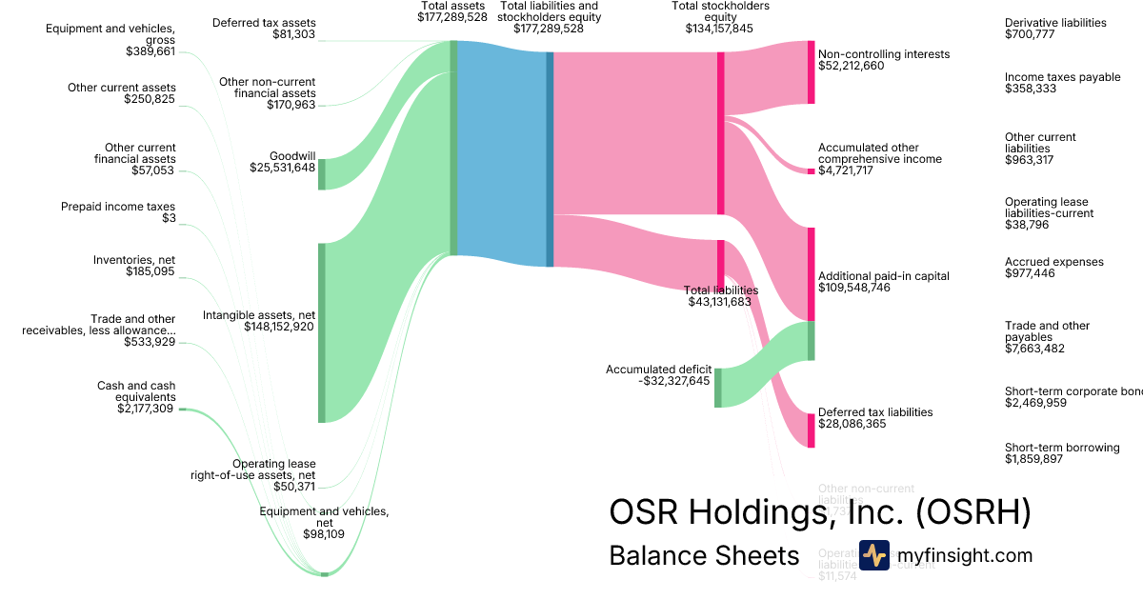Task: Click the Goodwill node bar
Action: coord(322,174)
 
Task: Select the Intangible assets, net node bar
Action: coord(322,332)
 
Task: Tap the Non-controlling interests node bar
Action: coord(812,72)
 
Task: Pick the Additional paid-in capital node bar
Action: coord(812,274)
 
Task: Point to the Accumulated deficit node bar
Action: coord(718,388)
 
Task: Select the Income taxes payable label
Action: coord(1062,77)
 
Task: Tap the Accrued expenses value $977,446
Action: coord(1030,273)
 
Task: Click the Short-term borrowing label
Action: coord(1062,448)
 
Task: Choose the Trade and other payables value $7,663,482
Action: coord(1034,349)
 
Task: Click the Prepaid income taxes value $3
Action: coord(169,218)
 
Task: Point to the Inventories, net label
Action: coord(134,260)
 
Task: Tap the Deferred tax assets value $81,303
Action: coord(294,34)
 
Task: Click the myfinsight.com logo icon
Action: coord(873,555)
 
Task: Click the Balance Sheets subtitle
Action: coord(703,556)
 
